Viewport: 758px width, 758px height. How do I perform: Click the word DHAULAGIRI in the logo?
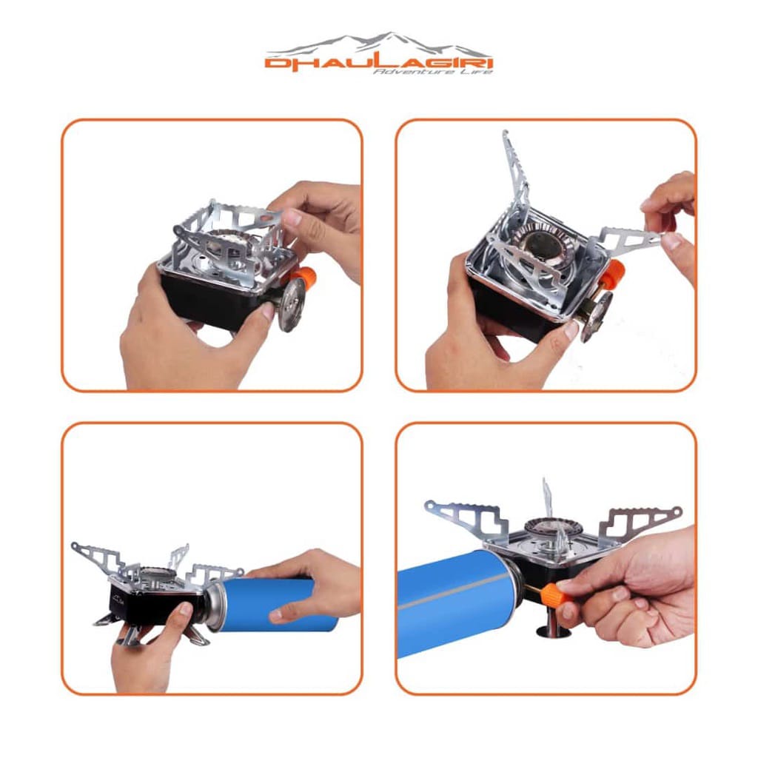tap(379, 64)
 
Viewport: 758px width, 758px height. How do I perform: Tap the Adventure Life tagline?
tap(432, 72)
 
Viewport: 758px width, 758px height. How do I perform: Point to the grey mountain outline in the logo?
tap(378, 44)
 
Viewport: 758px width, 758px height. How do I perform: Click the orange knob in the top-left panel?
tap(306, 277)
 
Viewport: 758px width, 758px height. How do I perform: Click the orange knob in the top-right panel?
tap(614, 274)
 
